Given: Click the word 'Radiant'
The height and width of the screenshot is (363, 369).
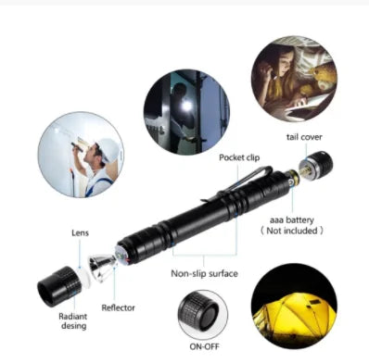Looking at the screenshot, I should pos(72,314).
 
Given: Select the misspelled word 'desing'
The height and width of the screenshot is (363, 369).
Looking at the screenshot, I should pos(74,325).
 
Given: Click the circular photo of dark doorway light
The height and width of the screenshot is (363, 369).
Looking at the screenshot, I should pos(186,106).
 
